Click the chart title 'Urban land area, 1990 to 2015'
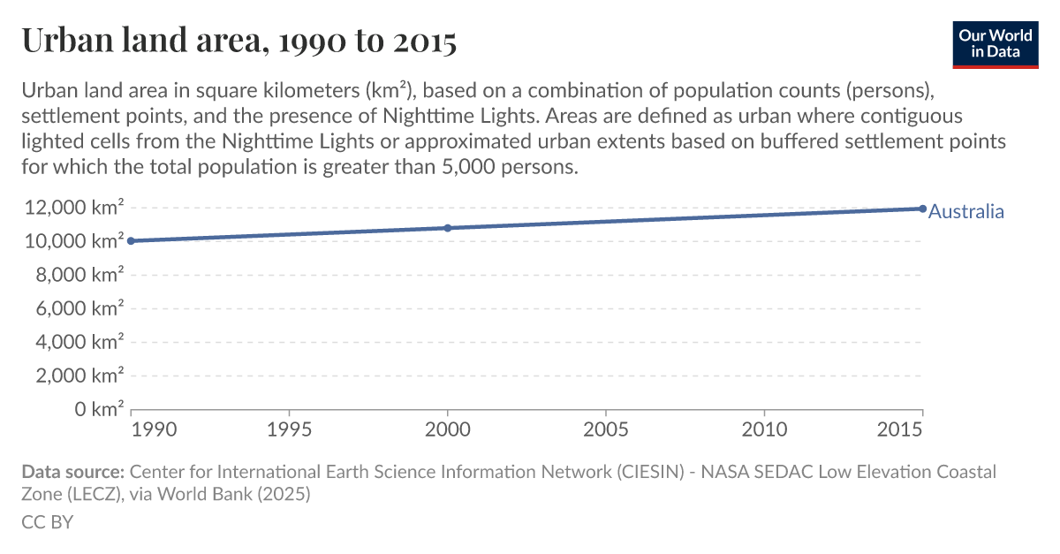(x=238, y=41)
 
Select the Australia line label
(x=966, y=211)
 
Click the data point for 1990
(x=132, y=240)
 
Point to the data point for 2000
(x=448, y=228)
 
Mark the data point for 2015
(x=922, y=209)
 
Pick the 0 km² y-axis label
(x=97, y=409)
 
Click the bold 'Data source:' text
(x=73, y=472)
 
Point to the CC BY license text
(x=47, y=522)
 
